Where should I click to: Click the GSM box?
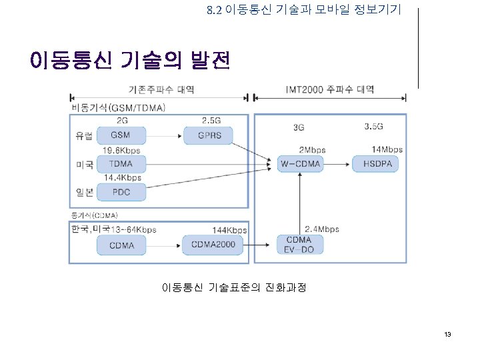121,135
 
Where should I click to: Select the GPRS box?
215,135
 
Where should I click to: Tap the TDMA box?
121,164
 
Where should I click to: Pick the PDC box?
121,192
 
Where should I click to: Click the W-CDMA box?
300,164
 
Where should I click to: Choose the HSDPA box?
379,164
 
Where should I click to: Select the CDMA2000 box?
213,245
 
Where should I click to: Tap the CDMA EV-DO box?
299,245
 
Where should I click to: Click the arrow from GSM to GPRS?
166,135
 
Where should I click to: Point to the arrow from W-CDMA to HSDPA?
339,164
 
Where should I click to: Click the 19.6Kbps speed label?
121,150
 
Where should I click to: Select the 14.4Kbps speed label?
121,178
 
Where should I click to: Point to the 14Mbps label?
387,149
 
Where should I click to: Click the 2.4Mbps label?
321,229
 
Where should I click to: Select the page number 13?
447,333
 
